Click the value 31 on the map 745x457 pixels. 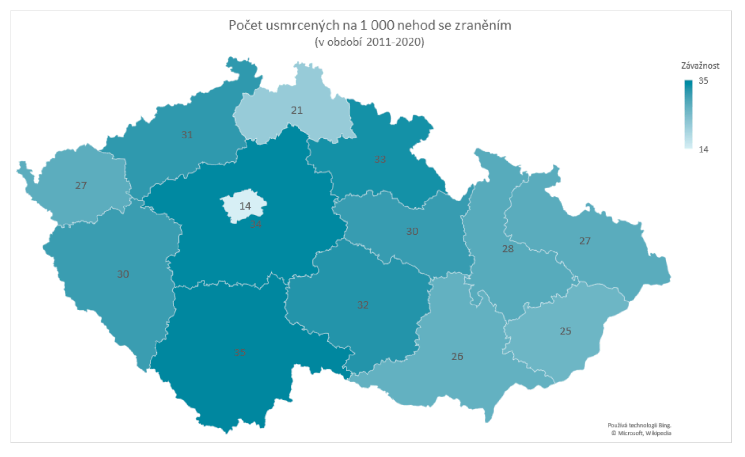click(x=187, y=135)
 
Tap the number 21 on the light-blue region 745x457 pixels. click(x=297, y=110)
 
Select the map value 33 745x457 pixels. click(x=380, y=159)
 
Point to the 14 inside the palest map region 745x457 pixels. click(x=245, y=206)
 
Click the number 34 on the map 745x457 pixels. click(x=256, y=224)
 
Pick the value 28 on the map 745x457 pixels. click(x=508, y=249)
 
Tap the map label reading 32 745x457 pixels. click(x=363, y=305)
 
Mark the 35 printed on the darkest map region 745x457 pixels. click(x=240, y=352)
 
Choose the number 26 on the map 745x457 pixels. click(x=457, y=356)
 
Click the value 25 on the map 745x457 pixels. click(x=566, y=331)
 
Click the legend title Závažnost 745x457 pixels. click(x=700, y=66)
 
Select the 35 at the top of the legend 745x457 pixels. click(x=703, y=81)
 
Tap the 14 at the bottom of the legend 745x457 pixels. click(x=703, y=150)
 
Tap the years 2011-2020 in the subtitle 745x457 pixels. click(x=395, y=42)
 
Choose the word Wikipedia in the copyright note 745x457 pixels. click(x=658, y=433)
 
